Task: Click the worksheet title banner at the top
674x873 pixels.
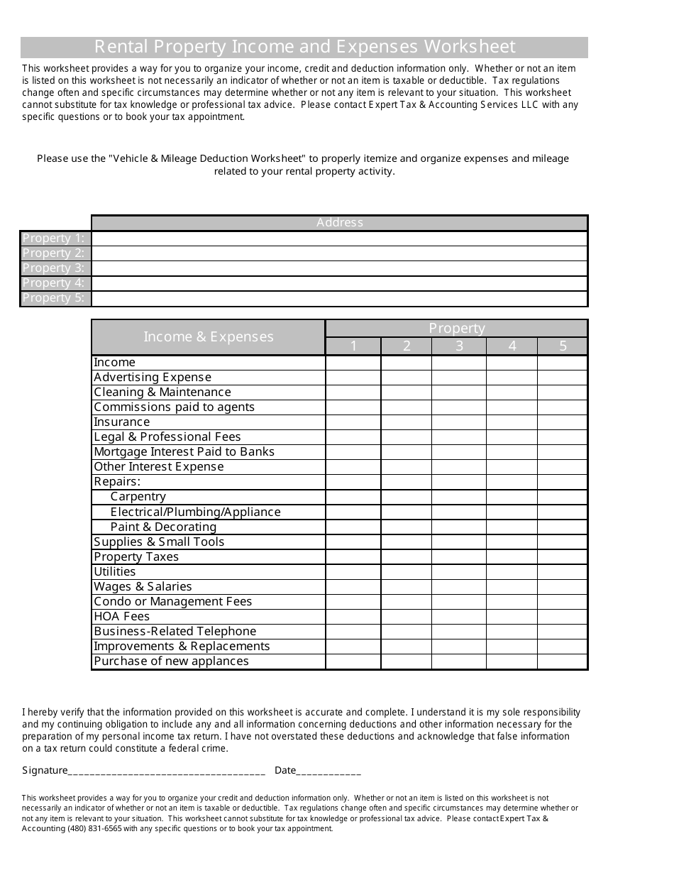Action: pyautogui.click(x=304, y=47)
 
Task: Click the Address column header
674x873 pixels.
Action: pyautogui.click(x=339, y=223)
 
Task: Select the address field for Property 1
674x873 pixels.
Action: pyautogui.click(x=339, y=238)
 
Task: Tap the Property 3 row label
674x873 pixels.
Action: pyautogui.click(x=55, y=268)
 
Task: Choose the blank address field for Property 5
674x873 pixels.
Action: pyautogui.click(x=339, y=298)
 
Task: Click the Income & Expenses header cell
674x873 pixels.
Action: pyautogui.click(x=208, y=337)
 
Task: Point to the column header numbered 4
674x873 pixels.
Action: pyautogui.click(x=512, y=346)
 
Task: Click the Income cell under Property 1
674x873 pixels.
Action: pyautogui.click(x=353, y=363)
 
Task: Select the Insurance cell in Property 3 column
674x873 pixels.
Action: pyautogui.click(x=458, y=422)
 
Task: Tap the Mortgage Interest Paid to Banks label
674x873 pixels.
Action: pyautogui.click(x=184, y=452)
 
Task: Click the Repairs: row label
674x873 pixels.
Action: pyautogui.click(x=117, y=482)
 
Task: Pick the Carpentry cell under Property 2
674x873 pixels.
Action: pyautogui.click(x=406, y=497)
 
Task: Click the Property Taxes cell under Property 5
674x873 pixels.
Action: pyautogui.click(x=562, y=557)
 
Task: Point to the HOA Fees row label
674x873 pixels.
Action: pyautogui.click(x=121, y=617)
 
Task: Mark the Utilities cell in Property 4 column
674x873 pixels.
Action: pyautogui.click(x=512, y=572)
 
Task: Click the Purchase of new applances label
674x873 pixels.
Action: pyautogui.click(x=171, y=661)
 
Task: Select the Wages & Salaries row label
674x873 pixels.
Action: pyautogui.click(x=143, y=587)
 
